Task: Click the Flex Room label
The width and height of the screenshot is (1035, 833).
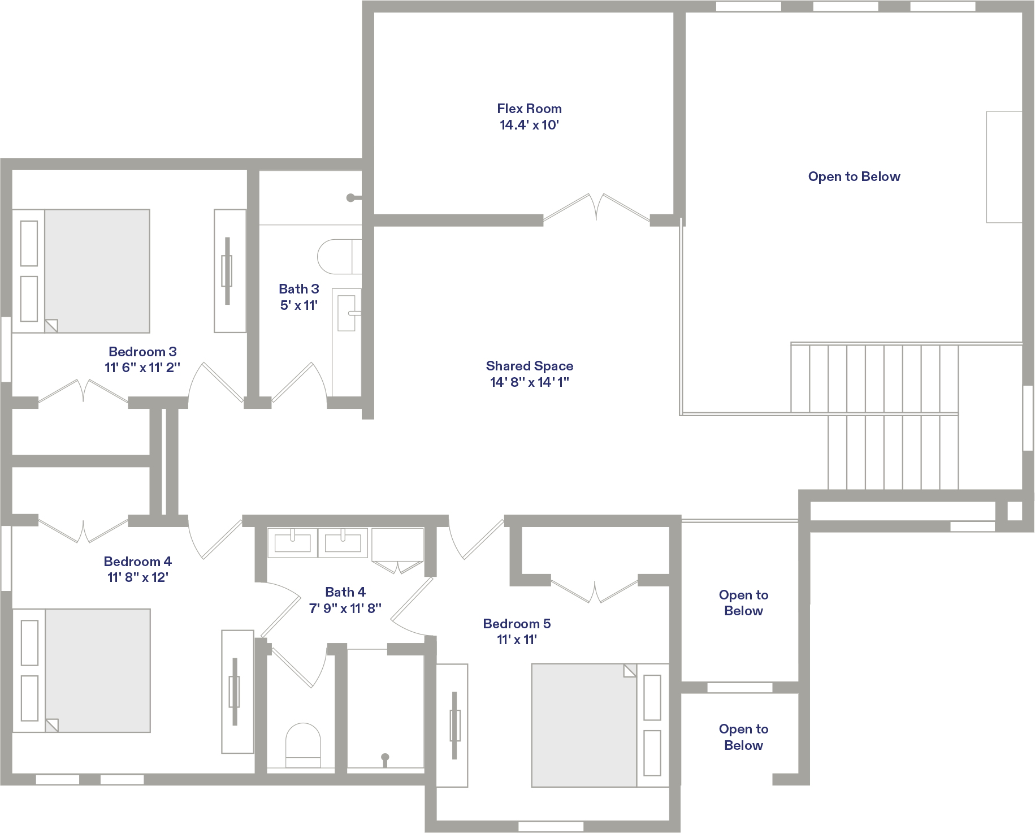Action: [x=529, y=109]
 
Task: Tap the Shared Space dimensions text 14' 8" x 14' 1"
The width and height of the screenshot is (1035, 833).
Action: [x=530, y=382]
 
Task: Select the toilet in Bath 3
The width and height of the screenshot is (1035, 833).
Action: [x=339, y=257]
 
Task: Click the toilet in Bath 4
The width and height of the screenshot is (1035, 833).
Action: [x=303, y=745]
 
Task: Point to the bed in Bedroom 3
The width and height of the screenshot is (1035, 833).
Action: [x=81, y=271]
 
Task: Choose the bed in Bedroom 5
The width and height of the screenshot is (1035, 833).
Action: [x=600, y=725]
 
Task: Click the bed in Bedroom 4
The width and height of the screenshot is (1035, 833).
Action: [x=81, y=670]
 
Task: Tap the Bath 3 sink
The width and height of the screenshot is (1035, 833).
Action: [x=347, y=310]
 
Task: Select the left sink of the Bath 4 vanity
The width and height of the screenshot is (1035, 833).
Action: [x=292, y=543]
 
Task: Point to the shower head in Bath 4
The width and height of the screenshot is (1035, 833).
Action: [x=385, y=759]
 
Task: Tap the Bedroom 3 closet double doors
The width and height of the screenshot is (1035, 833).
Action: [x=83, y=390]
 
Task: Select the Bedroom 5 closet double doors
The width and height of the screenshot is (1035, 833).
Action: [x=595, y=592]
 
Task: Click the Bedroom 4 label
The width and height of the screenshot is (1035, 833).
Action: [x=137, y=562]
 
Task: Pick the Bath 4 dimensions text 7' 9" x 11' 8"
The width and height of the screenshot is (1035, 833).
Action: [x=345, y=608]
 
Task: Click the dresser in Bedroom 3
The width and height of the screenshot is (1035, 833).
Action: [x=230, y=271]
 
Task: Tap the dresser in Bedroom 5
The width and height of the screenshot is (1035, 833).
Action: [x=452, y=725]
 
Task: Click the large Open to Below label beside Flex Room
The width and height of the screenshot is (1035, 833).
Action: [x=854, y=176]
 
